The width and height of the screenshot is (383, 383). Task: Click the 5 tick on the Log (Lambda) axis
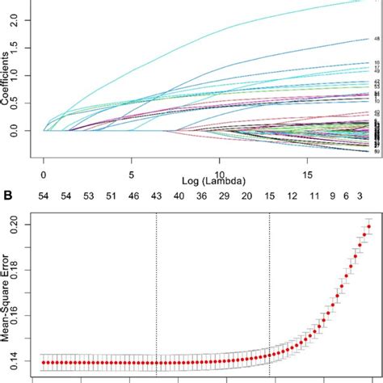point(132,174)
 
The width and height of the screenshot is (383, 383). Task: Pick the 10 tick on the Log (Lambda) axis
point(219,174)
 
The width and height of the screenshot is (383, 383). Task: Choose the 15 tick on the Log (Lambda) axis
point(307,174)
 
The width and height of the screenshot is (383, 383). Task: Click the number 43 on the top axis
point(156,196)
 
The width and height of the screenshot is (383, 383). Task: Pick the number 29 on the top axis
point(223,196)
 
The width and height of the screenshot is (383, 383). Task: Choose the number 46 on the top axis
point(133,196)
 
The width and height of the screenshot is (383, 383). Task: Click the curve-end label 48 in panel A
point(376,39)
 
